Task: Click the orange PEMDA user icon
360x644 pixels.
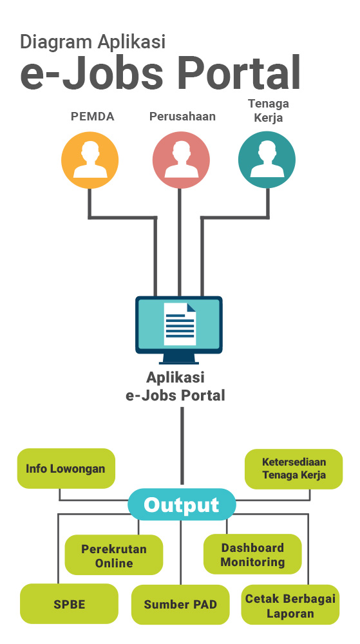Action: point(90,160)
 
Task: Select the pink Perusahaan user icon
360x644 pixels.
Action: point(181,160)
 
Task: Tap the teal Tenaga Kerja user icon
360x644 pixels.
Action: point(267,160)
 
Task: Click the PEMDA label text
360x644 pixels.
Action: point(92,117)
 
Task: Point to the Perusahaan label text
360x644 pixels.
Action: point(182,117)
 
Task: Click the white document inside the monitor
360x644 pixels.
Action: point(180,324)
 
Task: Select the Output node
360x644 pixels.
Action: point(182,505)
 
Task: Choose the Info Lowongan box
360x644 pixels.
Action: point(66,469)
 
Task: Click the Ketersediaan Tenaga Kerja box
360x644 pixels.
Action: point(294,469)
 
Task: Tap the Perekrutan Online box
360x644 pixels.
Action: point(114,555)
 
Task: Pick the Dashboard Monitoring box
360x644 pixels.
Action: point(252,554)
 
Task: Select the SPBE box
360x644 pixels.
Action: point(69,604)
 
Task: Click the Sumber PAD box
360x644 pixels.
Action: point(180,605)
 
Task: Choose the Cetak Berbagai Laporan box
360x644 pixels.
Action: point(290,605)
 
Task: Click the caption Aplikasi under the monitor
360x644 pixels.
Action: point(175,377)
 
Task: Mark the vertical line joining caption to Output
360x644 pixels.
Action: point(182,446)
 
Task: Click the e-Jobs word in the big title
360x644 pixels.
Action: point(91,73)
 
